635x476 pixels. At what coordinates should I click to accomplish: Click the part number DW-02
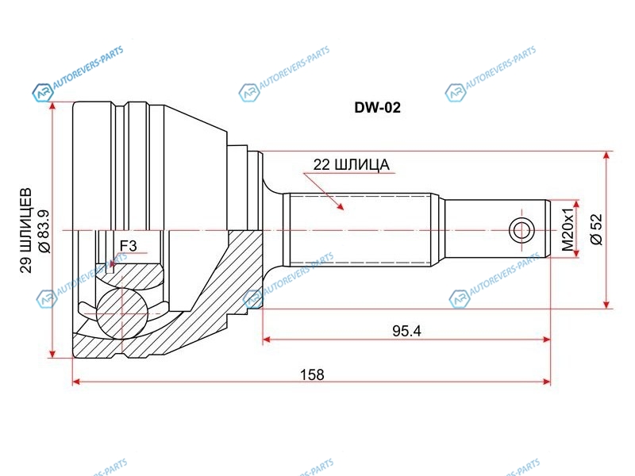click(x=378, y=108)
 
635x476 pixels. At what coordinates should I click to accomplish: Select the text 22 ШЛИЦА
click(x=351, y=165)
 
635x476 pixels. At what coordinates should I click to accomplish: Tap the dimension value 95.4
click(x=406, y=332)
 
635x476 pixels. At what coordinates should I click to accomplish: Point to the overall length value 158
click(x=312, y=374)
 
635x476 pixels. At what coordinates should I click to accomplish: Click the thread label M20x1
click(x=568, y=228)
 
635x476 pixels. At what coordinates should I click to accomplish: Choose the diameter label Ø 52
click(x=597, y=229)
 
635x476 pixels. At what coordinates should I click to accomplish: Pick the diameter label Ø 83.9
click(x=44, y=232)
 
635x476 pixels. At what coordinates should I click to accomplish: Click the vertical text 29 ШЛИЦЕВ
click(x=26, y=230)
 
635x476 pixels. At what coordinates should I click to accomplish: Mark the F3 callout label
click(x=129, y=246)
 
